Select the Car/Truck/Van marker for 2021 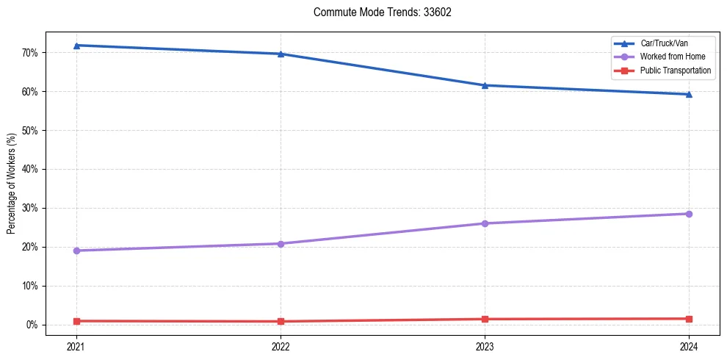(76, 46)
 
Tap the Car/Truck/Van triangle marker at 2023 (485, 85)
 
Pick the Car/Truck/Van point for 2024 (689, 94)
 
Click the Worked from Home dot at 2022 (281, 243)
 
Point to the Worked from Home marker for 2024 (689, 214)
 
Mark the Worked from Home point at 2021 (76, 251)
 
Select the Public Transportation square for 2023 (485, 319)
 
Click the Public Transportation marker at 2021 (76, 321)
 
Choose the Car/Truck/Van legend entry (664, 43)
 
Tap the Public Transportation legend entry (675, 71)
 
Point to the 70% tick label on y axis (29, 53)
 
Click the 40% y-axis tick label (29, 169)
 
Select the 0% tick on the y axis (32, 325)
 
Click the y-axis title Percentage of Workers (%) (11, 184)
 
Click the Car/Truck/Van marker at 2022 (281, 54)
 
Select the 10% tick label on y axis (29, 286)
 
